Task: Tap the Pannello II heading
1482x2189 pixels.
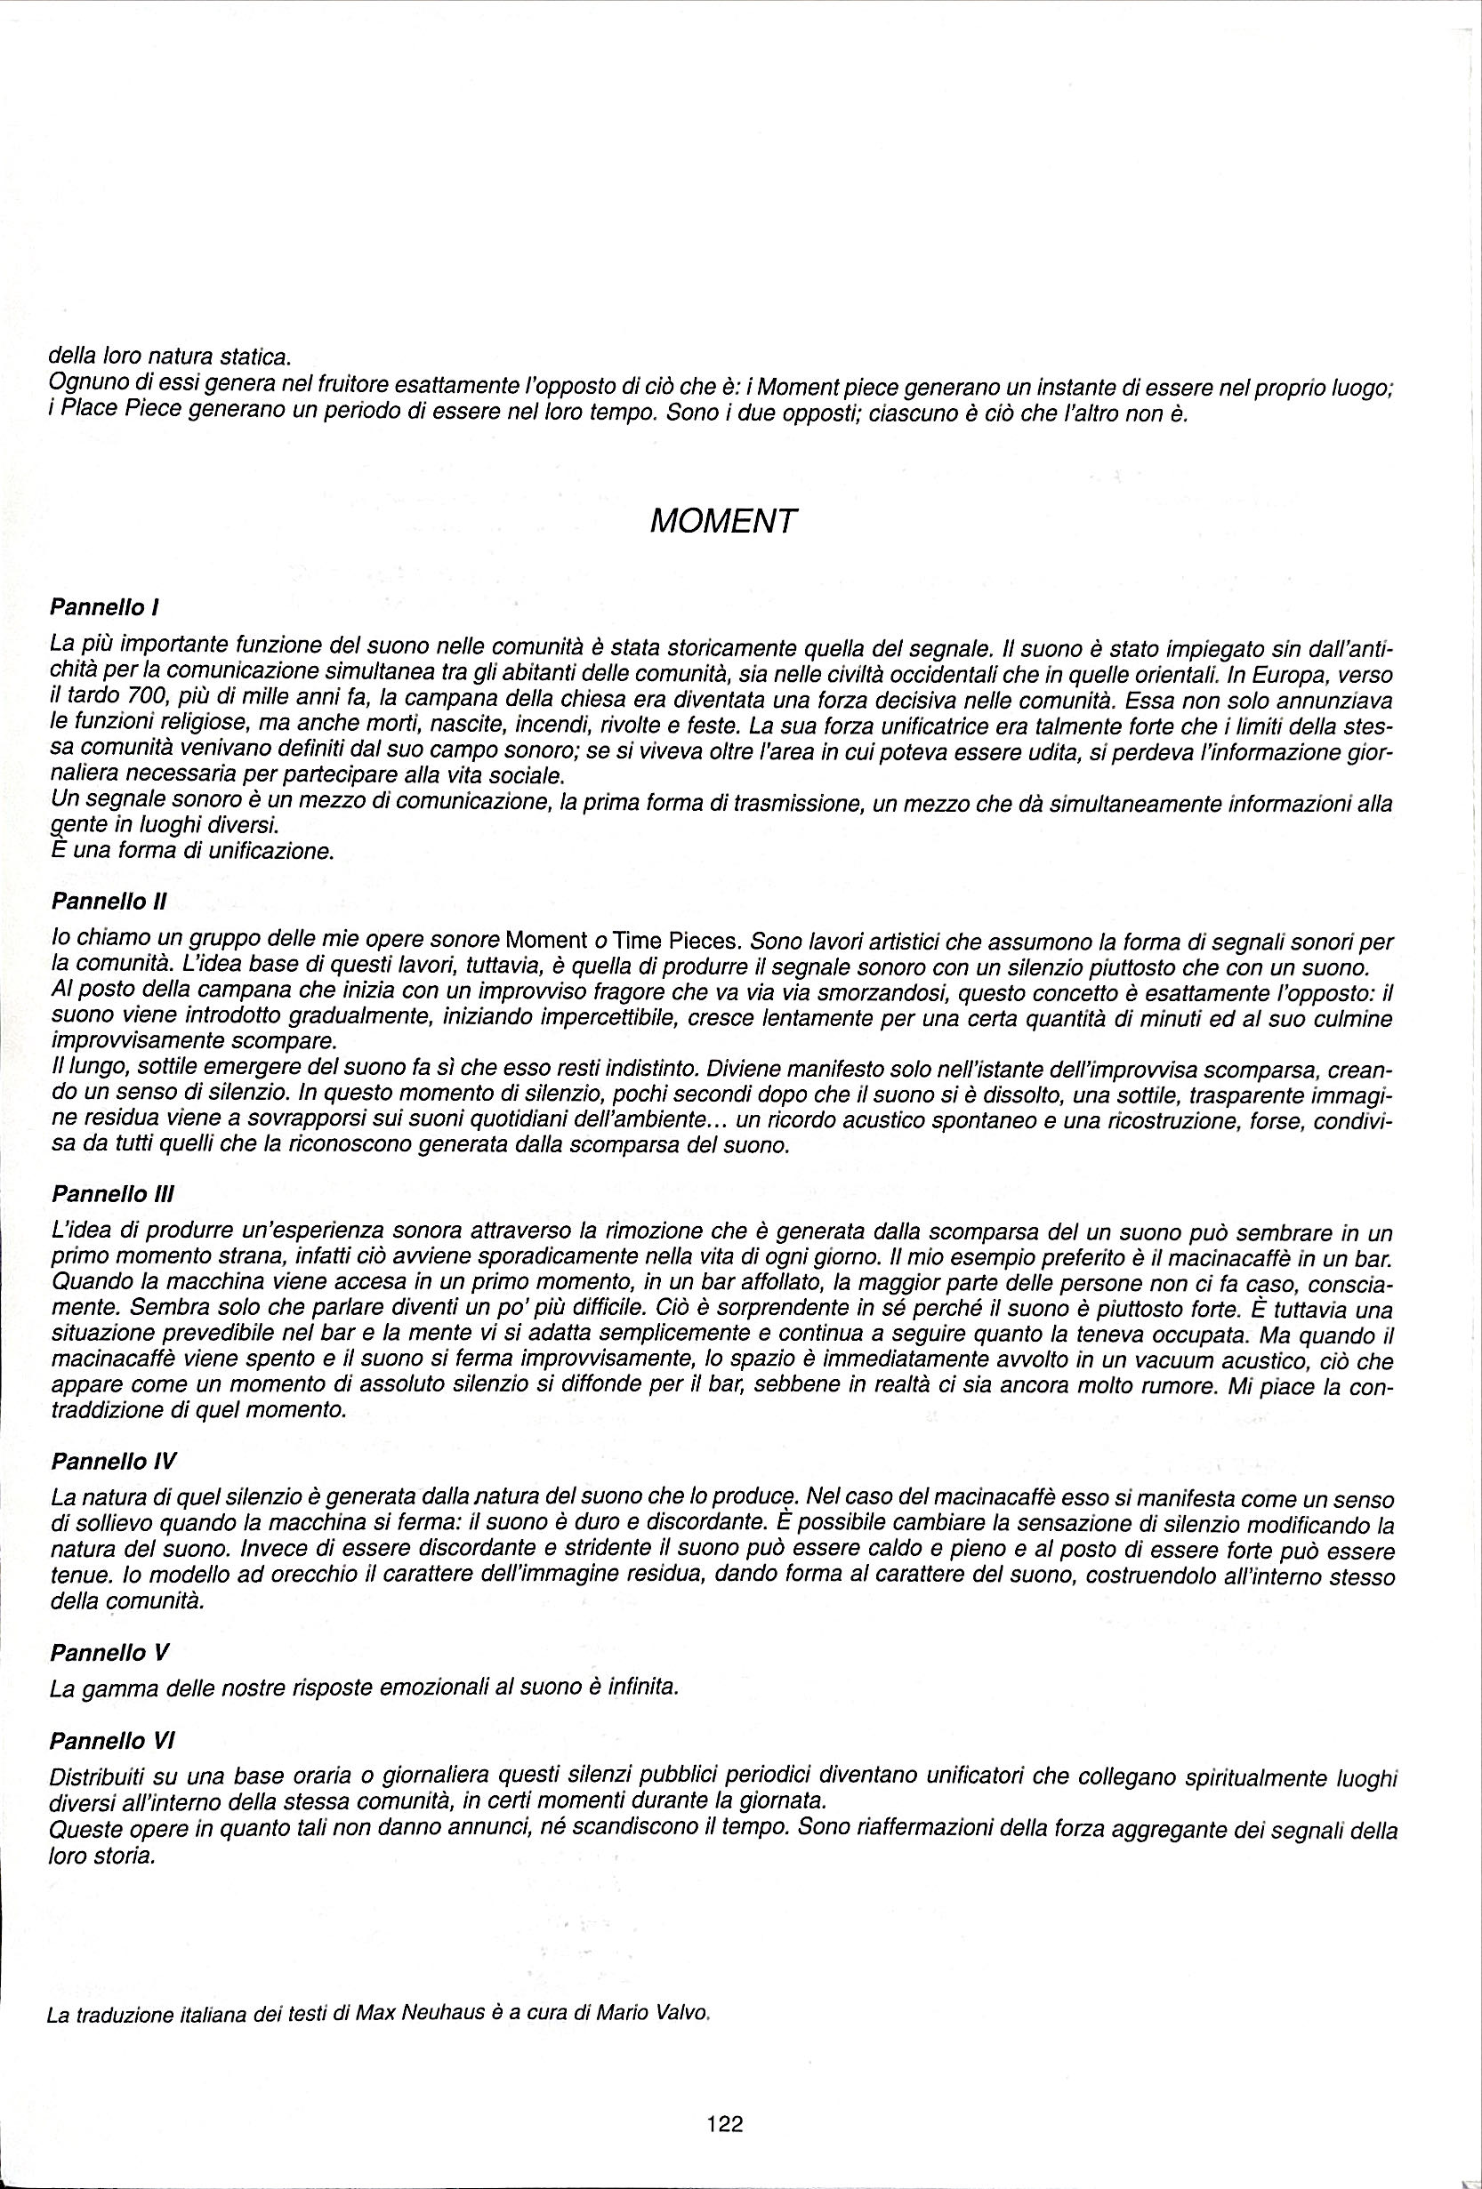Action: (x=109, y=902)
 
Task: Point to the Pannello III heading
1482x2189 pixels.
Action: (x=112, y=1192)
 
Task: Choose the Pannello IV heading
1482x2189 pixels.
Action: (x=112, y=1461)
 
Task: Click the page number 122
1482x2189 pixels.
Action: (x=724, y=2097)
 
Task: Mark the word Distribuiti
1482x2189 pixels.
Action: (x=95, y=1778)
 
